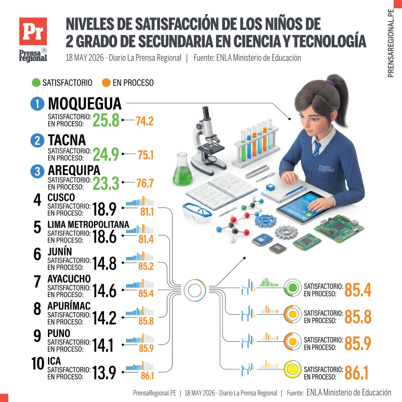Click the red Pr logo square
33,31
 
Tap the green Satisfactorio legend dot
36,83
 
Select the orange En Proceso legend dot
106,83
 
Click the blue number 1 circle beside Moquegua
37,104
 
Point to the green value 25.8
106,120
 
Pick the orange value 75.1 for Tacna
145,155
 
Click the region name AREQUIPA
74,170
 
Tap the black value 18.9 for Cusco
104,209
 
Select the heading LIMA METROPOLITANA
88,225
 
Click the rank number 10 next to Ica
38,363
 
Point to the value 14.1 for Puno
103,345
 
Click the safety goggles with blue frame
197,213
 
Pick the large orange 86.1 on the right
356,373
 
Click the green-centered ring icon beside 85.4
293,288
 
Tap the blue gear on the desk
266,221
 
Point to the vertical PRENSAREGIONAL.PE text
391,43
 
